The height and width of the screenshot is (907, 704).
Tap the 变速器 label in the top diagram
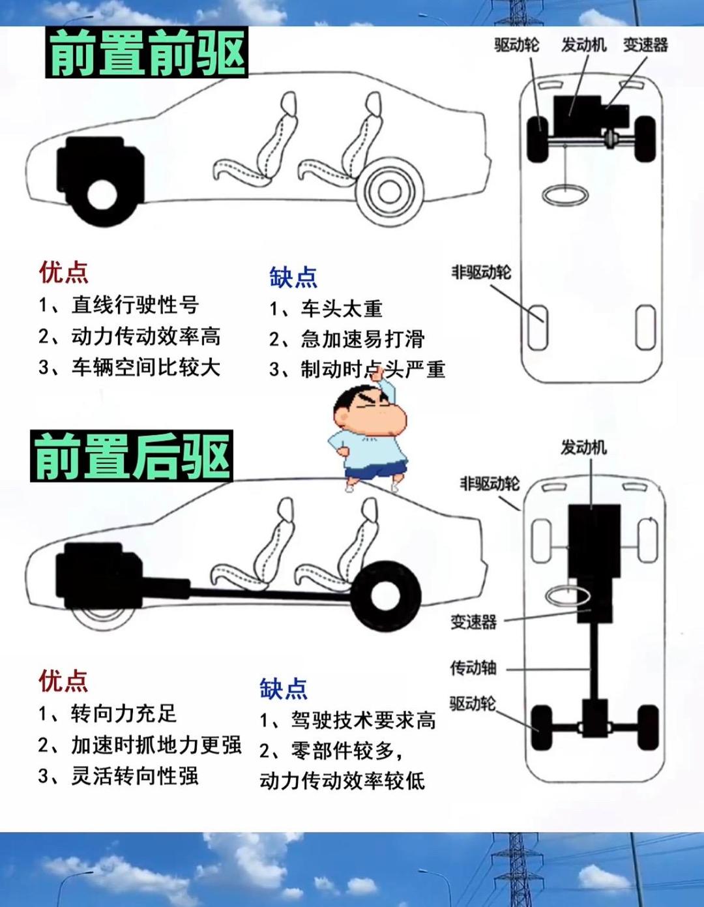click(x=645, y=45)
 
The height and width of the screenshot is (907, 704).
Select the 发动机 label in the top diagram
click(x=583, y=45)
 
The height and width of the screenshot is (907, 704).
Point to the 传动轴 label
click(x=473, y=668)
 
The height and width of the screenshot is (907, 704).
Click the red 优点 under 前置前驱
click(x=63, y=272)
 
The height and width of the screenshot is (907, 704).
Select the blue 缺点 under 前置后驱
click(x=283, y=689)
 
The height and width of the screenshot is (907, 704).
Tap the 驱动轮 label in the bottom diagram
click(x=472, y=704)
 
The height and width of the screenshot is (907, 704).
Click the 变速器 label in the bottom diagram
click(x=473, y=621)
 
